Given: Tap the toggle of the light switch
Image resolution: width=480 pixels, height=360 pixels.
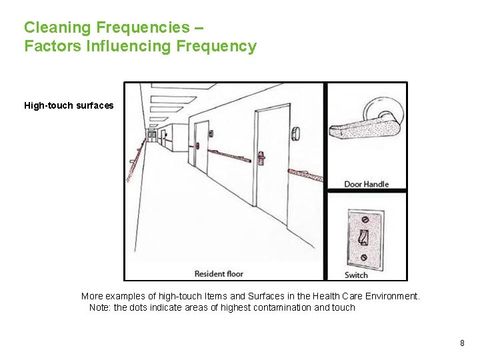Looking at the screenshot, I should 363,237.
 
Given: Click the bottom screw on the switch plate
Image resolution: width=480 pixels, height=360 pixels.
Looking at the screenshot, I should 363,257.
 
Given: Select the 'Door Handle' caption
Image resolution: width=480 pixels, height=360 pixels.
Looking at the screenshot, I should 366,184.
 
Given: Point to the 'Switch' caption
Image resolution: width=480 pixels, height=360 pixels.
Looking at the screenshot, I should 356,275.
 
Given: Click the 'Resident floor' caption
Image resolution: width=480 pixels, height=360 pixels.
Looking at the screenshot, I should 219,273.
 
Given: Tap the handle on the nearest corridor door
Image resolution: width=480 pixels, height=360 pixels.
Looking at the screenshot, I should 261,158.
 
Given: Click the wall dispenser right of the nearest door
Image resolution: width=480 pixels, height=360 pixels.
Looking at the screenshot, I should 295,134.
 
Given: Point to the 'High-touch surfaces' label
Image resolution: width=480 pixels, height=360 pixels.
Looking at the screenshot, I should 69,105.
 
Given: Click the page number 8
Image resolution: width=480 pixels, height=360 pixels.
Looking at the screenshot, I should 462,343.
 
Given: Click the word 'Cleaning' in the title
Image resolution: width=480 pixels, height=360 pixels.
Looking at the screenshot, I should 58,27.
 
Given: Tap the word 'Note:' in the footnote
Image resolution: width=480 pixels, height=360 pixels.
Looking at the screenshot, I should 101,307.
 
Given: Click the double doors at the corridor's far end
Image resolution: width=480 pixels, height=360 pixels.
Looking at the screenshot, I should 153,136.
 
